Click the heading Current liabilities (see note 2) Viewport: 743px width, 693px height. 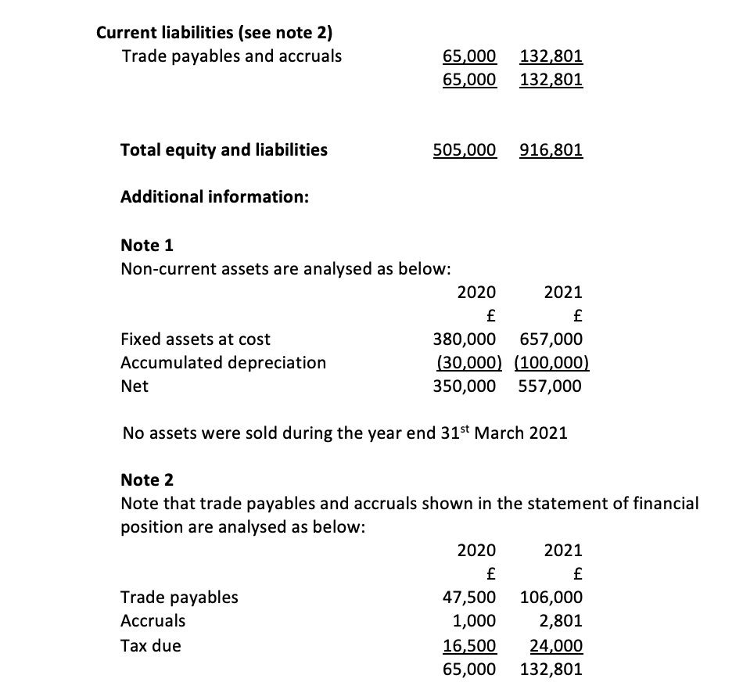(x=214, y=33)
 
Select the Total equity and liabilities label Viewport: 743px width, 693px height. (x=224, y=149)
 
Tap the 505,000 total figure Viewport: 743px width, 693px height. (x=465, y=149)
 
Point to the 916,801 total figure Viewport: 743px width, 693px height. (x=551, y=149)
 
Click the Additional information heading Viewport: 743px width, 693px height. (x=214, y=197)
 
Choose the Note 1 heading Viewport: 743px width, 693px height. (x=147, y=246)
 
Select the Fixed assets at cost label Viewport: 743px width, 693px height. (x=196, y=339)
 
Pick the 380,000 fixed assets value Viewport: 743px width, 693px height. (x=465, y=339)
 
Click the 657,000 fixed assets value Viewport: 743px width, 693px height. (x=551, y=339)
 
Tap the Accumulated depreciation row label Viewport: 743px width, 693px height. (x=224, y=363)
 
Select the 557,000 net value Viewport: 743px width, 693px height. (x=551, y=386)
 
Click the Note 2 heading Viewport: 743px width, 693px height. (x=147, y=479)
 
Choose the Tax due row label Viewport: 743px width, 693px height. (x=151, y=646)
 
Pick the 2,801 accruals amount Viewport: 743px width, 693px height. (x=560, y=621)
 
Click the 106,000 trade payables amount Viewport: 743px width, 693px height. (x=551, y=598)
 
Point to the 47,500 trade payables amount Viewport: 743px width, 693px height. (x=469, y=598)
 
